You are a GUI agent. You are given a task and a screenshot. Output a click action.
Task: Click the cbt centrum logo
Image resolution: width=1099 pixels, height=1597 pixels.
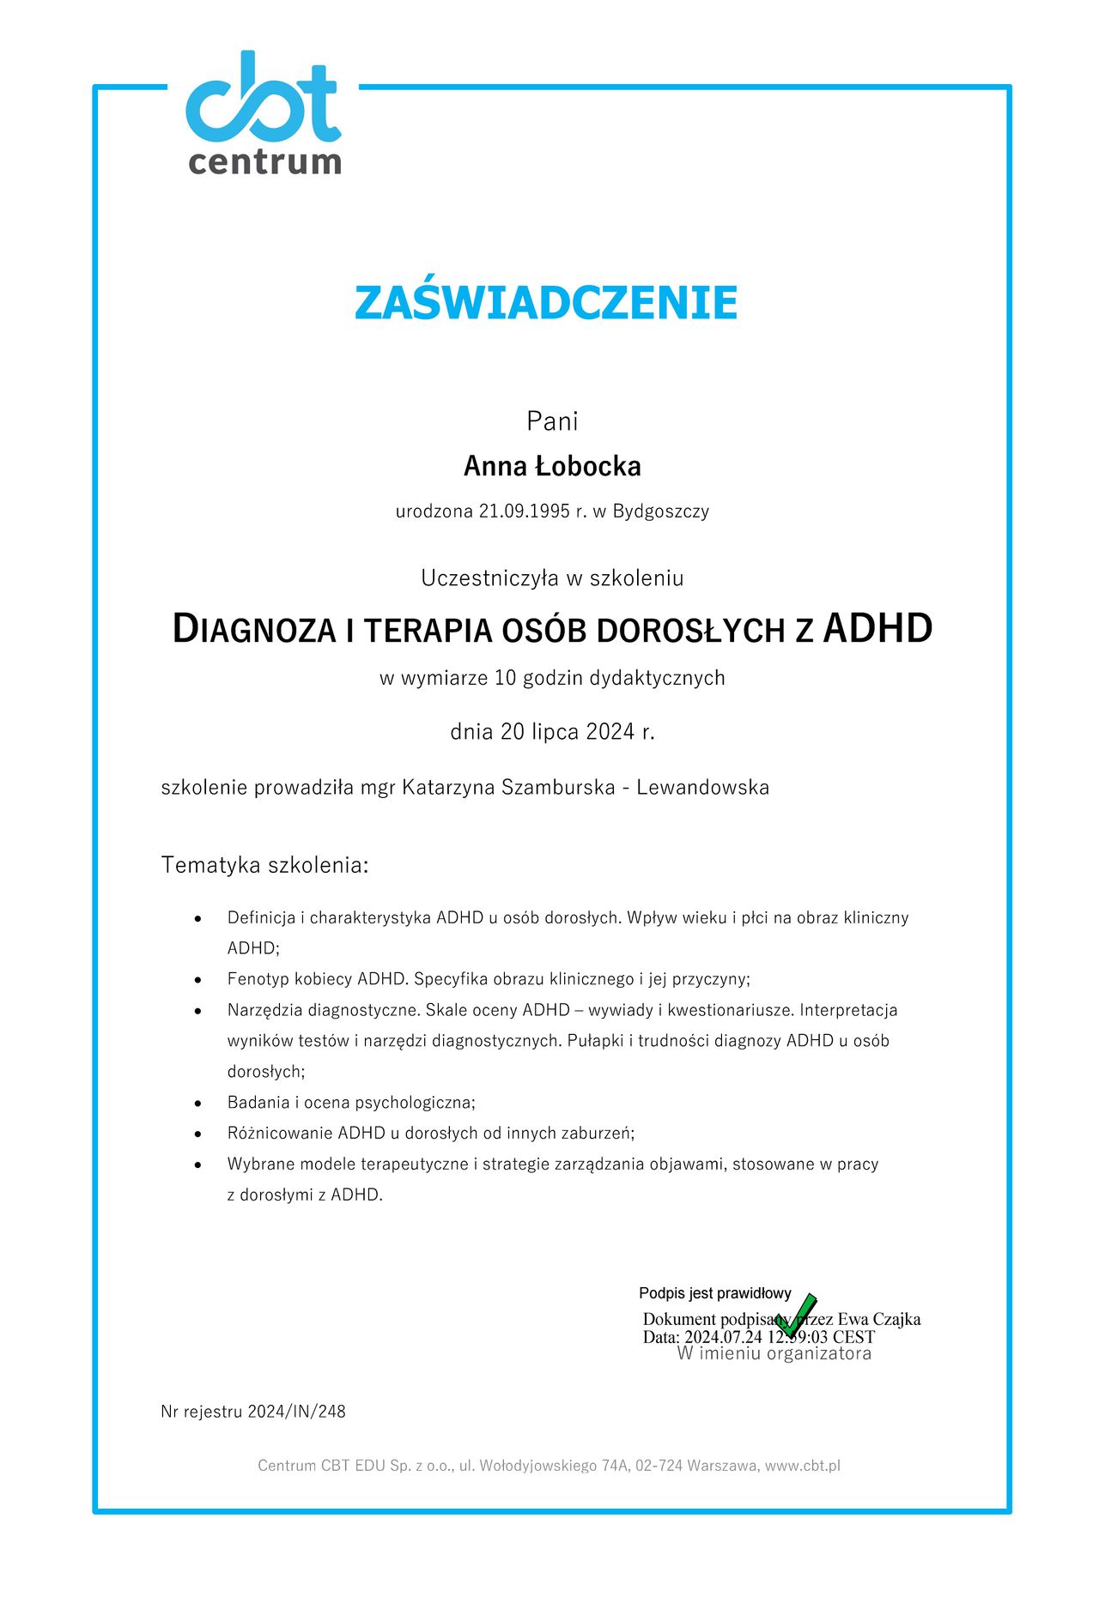click(264, 113)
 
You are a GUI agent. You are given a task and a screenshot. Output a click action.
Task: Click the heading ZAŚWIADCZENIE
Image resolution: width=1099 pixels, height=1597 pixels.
click(546, 302)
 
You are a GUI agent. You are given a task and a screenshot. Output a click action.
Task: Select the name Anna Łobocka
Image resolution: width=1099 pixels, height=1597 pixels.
click(552, 466)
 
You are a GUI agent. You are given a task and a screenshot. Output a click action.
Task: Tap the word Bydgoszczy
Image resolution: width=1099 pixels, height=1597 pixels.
click(660, 511)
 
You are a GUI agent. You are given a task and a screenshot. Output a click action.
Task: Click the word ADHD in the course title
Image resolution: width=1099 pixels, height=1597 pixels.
click(877, 628)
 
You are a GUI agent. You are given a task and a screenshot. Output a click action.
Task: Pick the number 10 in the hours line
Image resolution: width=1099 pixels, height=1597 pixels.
click(505, 678)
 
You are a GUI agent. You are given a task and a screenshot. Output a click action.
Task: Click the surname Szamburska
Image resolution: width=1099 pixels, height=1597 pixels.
click(558, 787)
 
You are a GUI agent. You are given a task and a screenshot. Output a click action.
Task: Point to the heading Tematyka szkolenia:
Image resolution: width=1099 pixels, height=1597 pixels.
click(264, 865)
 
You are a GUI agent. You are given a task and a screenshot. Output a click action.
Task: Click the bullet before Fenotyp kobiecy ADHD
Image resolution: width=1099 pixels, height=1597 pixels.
click(198, 980)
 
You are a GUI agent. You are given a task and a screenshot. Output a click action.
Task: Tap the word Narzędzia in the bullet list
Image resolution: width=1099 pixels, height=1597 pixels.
click(262, 1010)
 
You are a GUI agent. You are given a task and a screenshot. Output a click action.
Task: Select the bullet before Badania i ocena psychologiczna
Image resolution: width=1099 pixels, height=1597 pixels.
click(198, 1104)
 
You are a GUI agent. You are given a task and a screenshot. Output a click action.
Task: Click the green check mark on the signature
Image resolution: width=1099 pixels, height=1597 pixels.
click(796, 1315)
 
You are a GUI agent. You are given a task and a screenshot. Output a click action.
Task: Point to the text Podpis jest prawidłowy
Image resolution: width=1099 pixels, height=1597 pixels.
click(714, 1293)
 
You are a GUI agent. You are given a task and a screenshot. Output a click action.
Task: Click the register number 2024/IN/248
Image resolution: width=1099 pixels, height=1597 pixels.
click(296, 1412)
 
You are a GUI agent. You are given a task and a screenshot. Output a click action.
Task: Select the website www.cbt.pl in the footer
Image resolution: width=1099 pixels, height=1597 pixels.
click(802, 1466)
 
